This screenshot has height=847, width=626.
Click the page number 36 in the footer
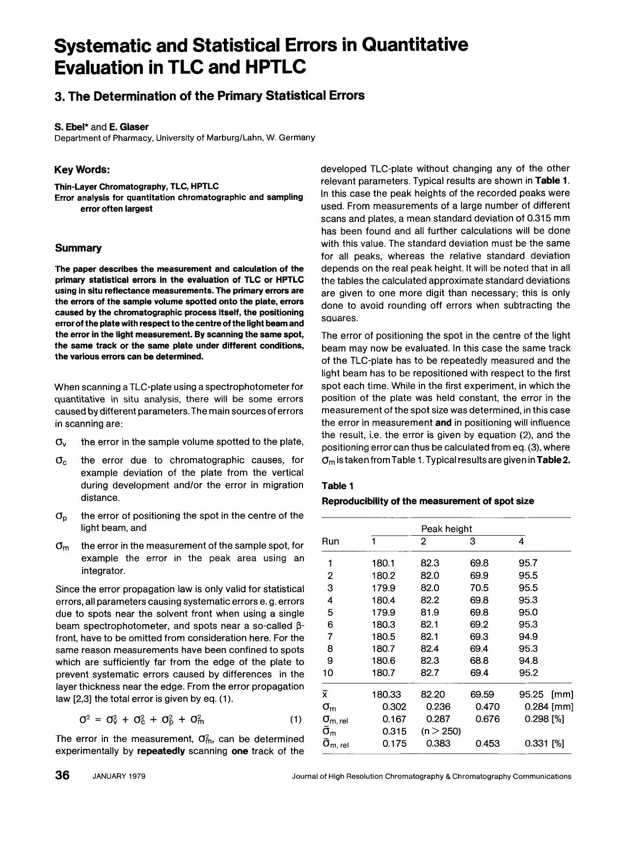point(63,776)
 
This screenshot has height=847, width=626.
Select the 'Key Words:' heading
point(82,170)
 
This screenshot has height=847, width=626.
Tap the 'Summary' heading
point(79,248)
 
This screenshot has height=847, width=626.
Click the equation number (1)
point(296,720)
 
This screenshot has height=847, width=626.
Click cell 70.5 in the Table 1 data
point(479,588)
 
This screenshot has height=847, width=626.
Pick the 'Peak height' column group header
point(446,529)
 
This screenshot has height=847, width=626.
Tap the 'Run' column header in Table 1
point(330,541)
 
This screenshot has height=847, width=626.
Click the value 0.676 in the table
point(488,719)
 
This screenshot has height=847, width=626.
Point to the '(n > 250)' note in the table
point(441,731)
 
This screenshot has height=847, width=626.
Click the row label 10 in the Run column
point(327,673)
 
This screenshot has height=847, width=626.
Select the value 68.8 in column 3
point(479,660)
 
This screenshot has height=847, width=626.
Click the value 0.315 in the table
point(394,731)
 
